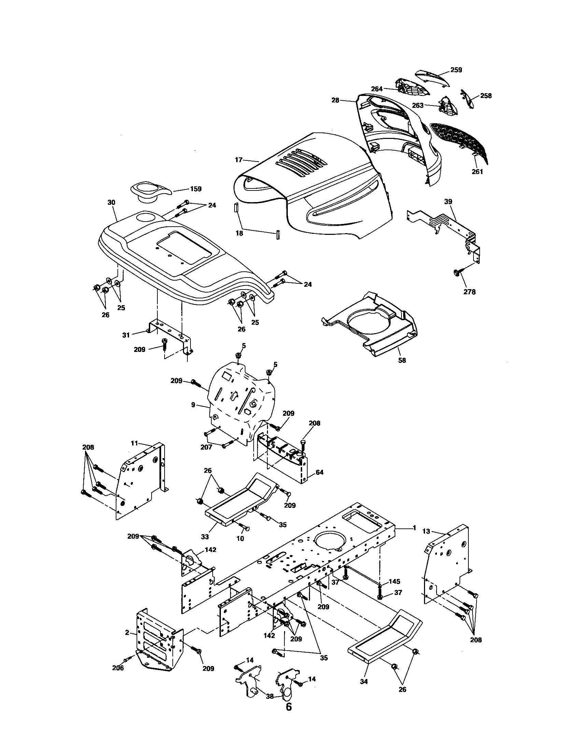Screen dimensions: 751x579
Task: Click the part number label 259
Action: point(456,70)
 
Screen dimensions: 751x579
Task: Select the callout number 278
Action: point(469,292)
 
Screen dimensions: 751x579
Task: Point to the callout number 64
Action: point(320,472)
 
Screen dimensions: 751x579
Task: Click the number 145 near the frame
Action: point(394,581)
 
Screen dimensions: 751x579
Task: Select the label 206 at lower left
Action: point(118,668)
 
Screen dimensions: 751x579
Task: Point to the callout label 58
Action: point(401,360)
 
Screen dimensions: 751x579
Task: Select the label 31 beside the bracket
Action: point(126,335)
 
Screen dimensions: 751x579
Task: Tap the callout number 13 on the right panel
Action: point(426,531)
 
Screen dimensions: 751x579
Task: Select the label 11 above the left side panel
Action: point(135,443)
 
